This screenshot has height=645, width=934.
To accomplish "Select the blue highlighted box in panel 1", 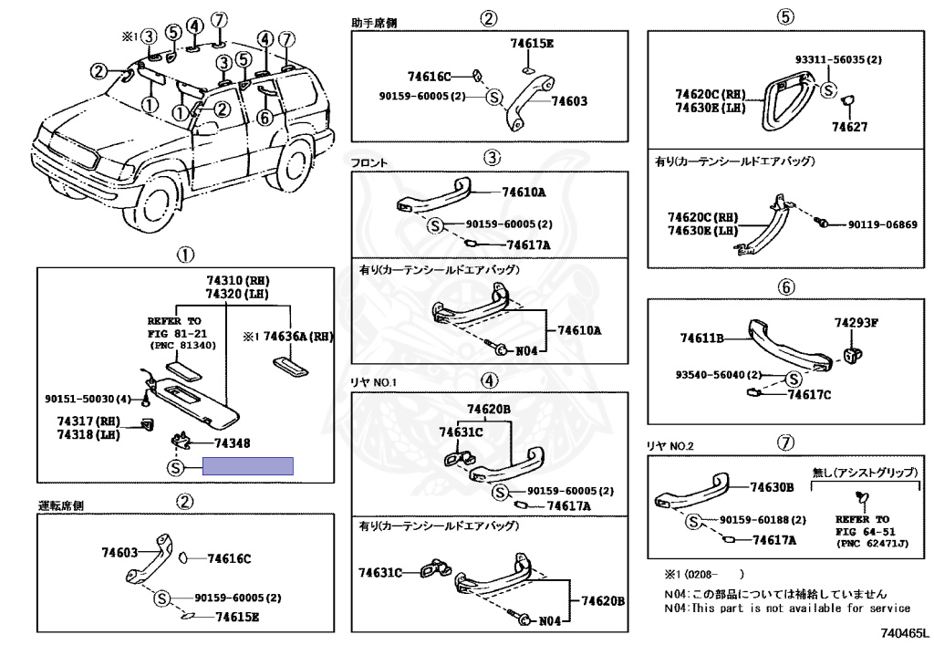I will [247, 466].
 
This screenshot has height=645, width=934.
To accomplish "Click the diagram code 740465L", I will [905, 631].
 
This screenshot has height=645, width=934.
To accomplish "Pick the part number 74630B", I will [772, 487].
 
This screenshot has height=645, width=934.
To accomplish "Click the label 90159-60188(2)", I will [763, 520].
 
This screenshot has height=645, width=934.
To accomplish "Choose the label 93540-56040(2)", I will [719, 375].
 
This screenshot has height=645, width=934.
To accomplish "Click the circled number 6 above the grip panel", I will [785, 286].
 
